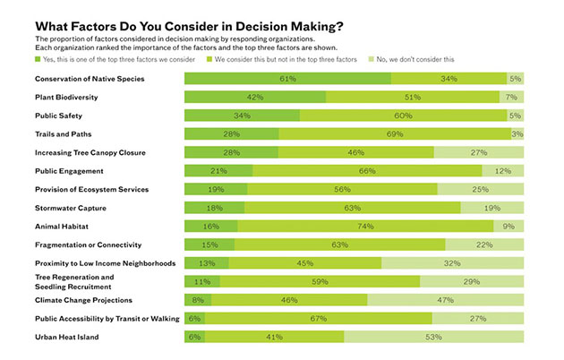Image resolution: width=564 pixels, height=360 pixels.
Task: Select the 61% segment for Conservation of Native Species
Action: (x=287, y=79)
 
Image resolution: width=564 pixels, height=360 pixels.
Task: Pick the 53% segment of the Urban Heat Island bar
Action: (x=433, y=337)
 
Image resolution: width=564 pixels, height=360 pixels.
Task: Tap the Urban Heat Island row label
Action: (x=65, y=337)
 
